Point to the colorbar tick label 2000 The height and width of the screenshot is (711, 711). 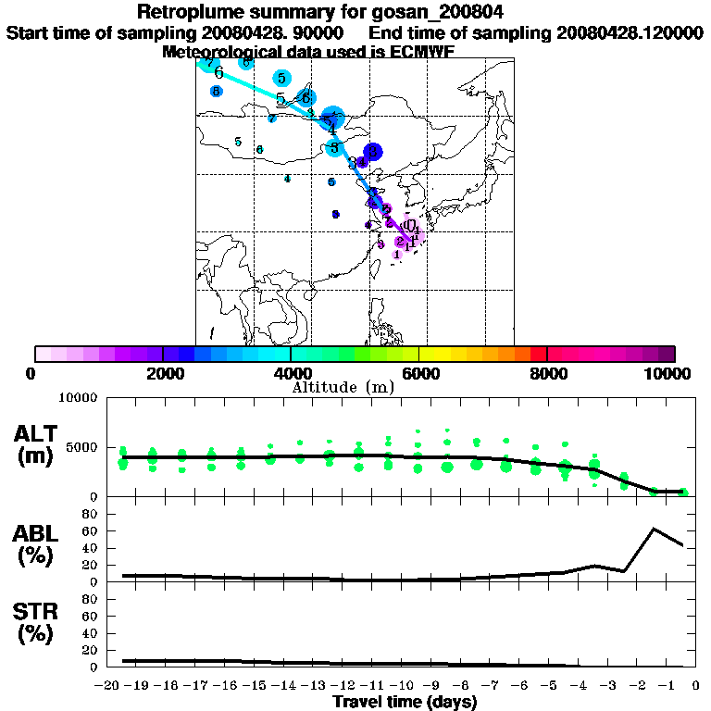coord(162,373)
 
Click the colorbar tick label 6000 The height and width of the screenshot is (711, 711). coord(418,373)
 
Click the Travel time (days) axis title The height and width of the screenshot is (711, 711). coord(405,702)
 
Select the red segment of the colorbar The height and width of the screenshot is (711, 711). coord(538,354)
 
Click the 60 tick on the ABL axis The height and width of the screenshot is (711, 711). coord(91,530)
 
